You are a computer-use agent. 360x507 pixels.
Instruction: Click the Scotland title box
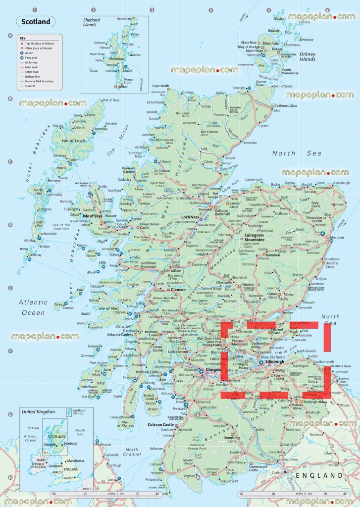[x=35, y=22]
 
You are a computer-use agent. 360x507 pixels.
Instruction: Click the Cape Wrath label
[x=160, y=86]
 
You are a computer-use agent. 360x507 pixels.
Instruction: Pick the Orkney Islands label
[x=307, y=57]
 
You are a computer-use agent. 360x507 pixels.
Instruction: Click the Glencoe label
[x=177, y=290]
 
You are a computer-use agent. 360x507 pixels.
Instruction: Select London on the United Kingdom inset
[x=67, y=478]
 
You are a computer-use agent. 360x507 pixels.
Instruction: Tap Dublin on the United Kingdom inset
[x=41, y=460]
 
